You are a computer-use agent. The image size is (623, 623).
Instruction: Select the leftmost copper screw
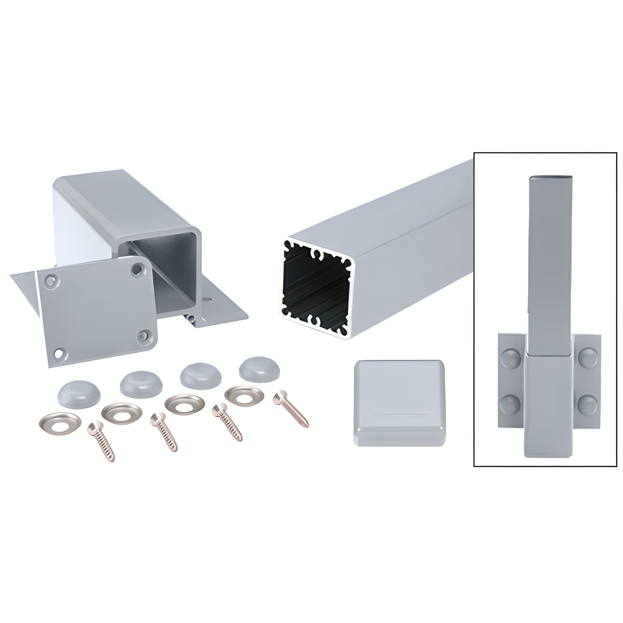(101, 441)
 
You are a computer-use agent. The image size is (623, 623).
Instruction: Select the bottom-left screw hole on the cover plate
(59, 353)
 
